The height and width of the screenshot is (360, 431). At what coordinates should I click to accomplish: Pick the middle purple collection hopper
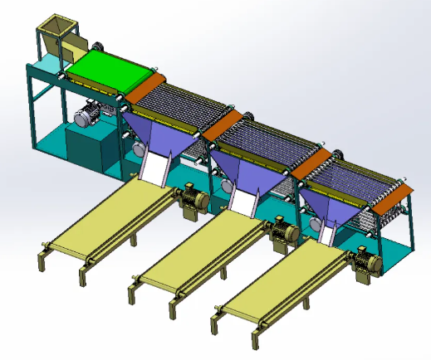click(x=248, y=171)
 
